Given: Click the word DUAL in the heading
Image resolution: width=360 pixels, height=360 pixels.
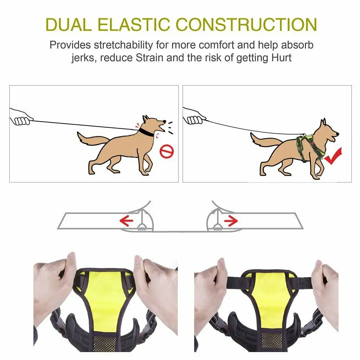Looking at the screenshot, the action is click(x=68, y=24).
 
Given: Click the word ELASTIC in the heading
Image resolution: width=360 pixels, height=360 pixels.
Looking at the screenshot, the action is click(x=134, y=24).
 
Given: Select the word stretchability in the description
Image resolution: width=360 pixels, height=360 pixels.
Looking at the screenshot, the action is click(x=123, y=45).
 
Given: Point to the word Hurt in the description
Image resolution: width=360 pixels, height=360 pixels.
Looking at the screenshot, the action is click(x=281, y=58).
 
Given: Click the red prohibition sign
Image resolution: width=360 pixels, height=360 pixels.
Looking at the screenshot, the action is click(x=167, y=151).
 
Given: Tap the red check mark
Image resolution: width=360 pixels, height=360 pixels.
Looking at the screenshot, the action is click(x=333, y=156).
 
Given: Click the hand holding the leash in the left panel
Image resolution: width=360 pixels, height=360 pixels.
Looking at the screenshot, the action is click(x=20, y=117).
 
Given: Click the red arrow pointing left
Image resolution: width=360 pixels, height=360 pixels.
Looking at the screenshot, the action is click(x=126, y=221).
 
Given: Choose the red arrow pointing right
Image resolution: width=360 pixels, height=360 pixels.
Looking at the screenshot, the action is click(x=231, y=221).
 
